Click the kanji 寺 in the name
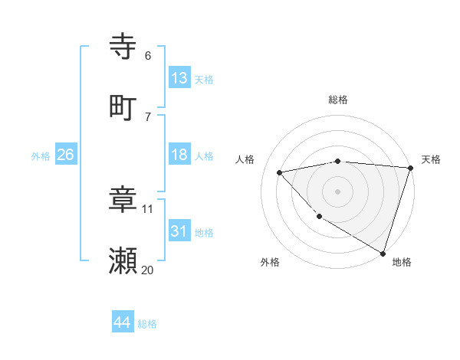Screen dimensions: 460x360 [x=123, y=47]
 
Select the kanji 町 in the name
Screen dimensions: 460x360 [x=123, y=106]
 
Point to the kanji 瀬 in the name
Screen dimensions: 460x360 [x=123, y=261]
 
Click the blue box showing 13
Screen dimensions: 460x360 [x=179, y=78]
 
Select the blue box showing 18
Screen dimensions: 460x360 [x=179, y=155]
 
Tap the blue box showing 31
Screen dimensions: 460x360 [x=179, y=231]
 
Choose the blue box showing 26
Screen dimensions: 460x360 [x=65, y=155]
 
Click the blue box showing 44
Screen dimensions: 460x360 [x=122, y=322]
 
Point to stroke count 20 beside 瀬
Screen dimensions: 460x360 [x=147, y=270]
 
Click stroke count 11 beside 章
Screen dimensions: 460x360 [x=148, y=208]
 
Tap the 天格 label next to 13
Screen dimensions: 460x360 [x=204, y=80]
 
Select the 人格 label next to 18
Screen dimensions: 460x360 [x=204, y=156]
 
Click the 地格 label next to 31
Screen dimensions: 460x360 [x=204, y=233]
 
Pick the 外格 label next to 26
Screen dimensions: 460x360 [x=41, y=156]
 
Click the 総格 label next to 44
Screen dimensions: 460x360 [x=147, y=324]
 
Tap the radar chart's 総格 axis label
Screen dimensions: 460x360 [x=338, y=100]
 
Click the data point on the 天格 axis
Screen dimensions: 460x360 [x=410, y=168]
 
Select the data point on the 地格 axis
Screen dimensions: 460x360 [x=383, y=252]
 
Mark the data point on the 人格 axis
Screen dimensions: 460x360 [x=280, y=172]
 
